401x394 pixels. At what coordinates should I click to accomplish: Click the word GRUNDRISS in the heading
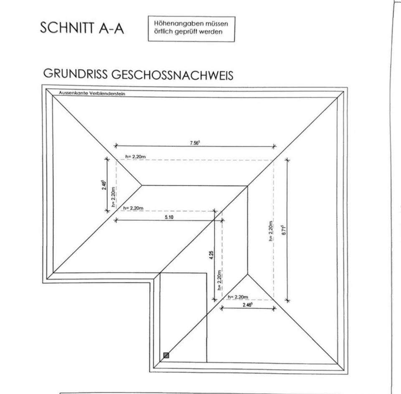(x=75, y=74)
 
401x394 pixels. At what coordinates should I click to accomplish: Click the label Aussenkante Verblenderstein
(x=92, y=93)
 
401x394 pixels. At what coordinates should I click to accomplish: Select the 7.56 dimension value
(x=195, y=143)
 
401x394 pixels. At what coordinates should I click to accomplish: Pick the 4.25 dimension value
(x=212, y=256)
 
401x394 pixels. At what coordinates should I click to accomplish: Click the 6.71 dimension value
(x=283, y=231)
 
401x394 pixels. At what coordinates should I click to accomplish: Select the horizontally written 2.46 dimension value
(x=248, y=305)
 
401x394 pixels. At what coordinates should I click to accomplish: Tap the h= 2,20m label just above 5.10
(x=133, y=208)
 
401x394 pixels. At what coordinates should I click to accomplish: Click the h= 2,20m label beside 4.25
(x=220, y=280)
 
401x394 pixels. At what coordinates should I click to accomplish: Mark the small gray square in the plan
(x=166, y=355)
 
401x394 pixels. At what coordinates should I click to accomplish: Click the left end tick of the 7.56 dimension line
(x=116, y=146)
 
